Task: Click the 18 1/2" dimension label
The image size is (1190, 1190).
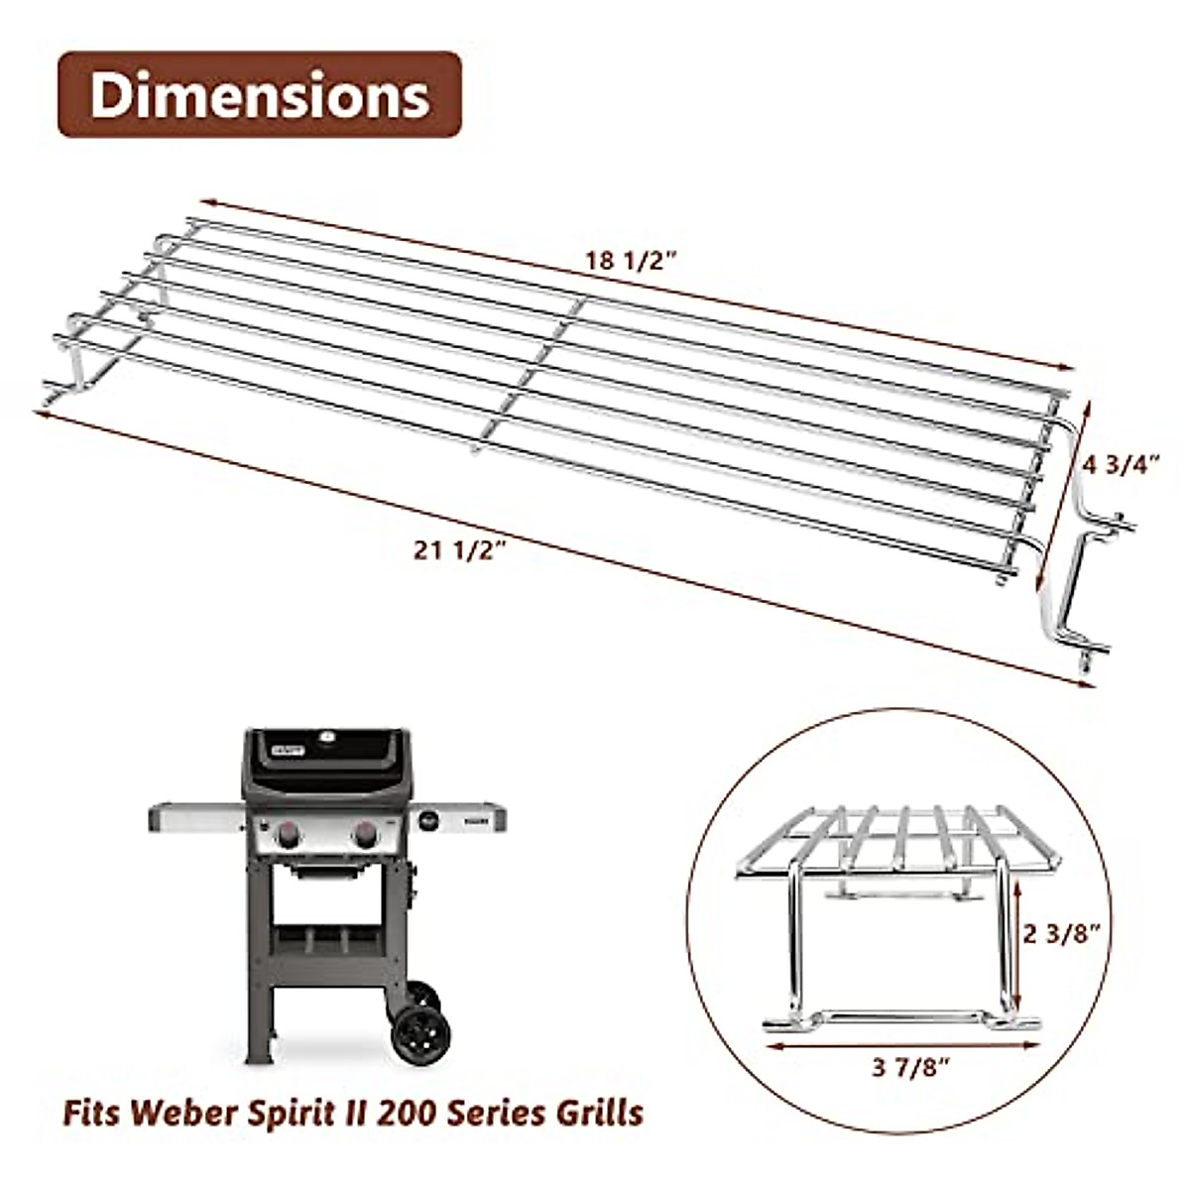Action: click(x=630, y=261)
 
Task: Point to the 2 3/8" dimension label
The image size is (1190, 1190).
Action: click(x=1062, y=934)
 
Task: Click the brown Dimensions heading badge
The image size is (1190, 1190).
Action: click(x=260, y=95)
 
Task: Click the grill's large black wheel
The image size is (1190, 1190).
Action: click(x=420, y=1034)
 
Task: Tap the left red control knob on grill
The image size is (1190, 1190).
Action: click(x=290, y=835)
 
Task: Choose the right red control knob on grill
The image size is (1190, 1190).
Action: click(x=365, y=835)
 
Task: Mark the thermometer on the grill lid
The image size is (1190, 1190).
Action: click(x=328, y=737)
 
